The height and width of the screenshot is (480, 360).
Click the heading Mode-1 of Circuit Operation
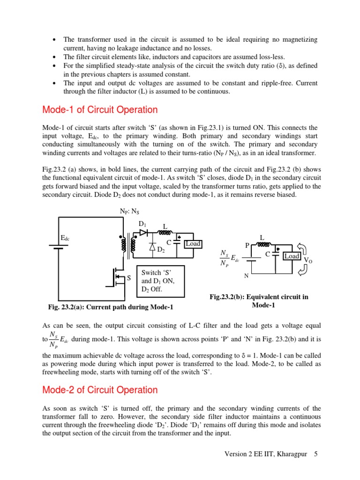[x=100, y=110]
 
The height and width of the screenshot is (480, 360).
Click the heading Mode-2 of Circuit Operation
[x=100, y=390]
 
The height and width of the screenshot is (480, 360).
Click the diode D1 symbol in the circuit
[x=143, y=233]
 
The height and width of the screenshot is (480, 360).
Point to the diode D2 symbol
[x=152, y=247]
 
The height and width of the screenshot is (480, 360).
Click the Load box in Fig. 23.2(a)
[x=193, y=244]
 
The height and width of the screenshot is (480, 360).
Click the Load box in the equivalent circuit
[x=292, y=256]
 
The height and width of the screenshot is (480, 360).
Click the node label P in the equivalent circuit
[x=247, y=246]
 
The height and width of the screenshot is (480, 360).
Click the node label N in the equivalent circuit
[x=246, y=277]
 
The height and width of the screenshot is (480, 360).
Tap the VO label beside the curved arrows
[x=308, y=260]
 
